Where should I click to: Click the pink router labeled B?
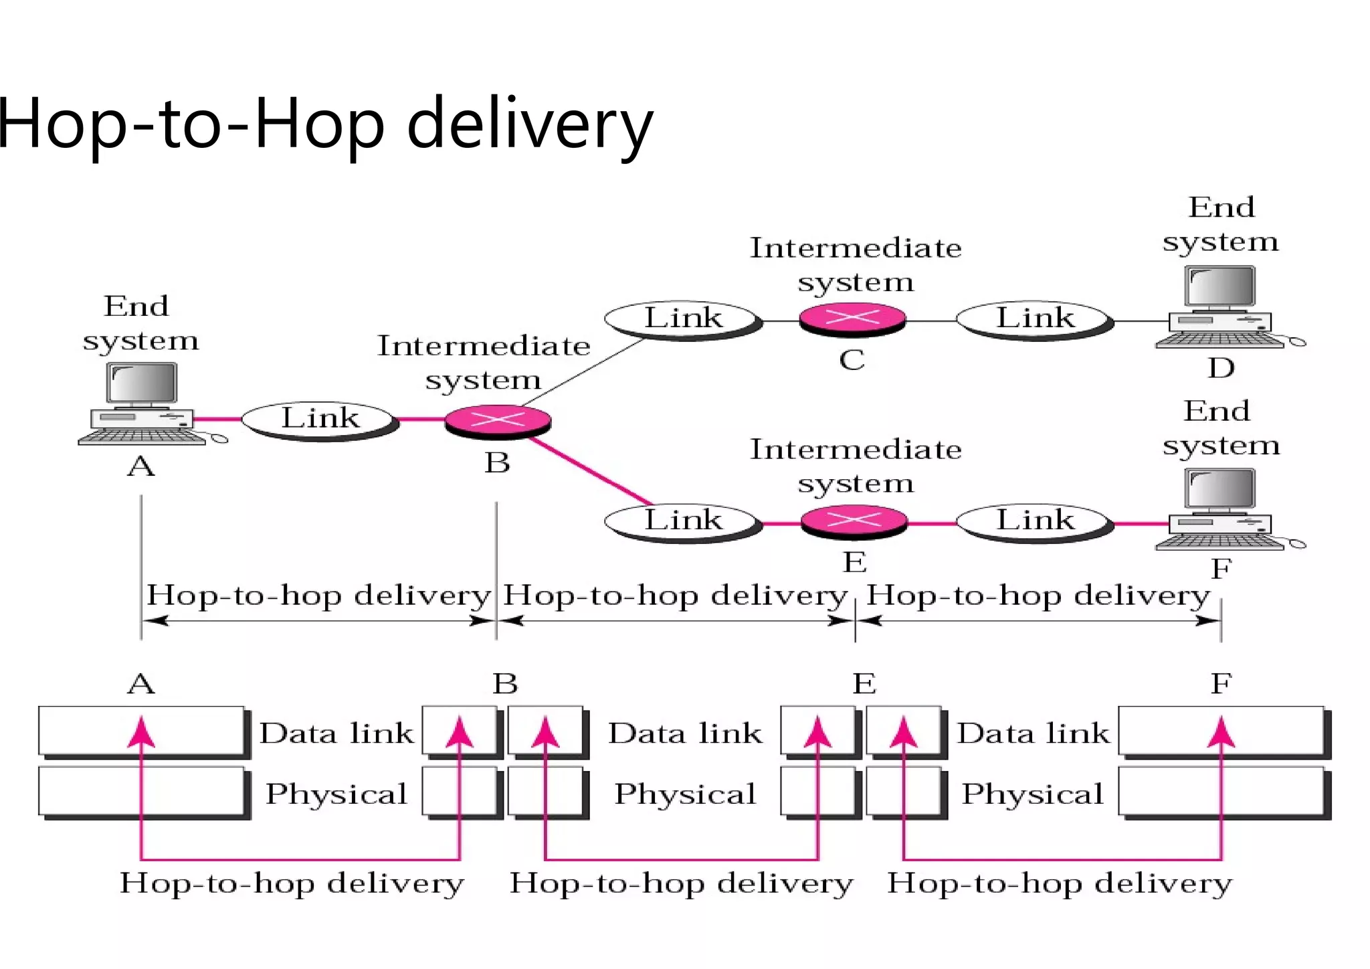[x=498, y=421]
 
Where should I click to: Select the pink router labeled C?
[x=852, y=319]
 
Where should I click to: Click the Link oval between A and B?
[x=320, y=420]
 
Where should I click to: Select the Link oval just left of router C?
[x=683, y=319]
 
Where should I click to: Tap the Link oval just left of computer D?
[x=1035, y=319]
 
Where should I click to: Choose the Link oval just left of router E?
[x=683, y=521]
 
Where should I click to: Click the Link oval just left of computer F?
[x=1035, y=521]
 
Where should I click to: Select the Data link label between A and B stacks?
[x=336, y=733]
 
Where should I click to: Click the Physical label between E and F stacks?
[x=1032, y=794]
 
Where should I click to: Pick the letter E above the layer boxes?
[x=864, y=684]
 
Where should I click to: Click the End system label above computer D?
[x=1221, y=224]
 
